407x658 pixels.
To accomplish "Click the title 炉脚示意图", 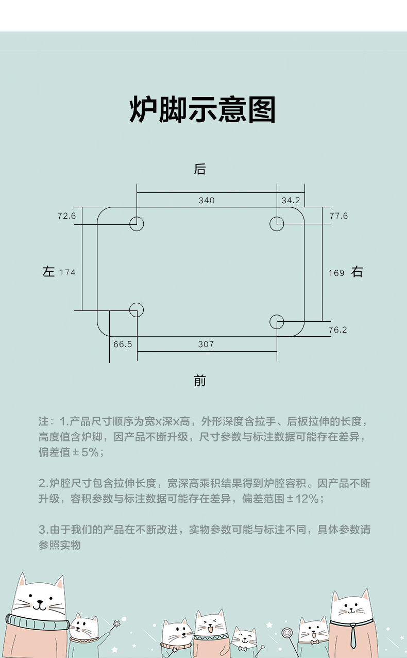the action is tap(202, 109).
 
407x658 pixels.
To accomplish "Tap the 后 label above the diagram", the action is tap(200, 169).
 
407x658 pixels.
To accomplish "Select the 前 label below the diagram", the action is tap(200, 381).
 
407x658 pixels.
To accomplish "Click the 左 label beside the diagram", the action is tap(48, 272).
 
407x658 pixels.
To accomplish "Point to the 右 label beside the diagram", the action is tap(357, 272).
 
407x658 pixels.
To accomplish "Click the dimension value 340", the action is tap(207, 201).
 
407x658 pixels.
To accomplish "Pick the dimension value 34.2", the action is tap(291, 201).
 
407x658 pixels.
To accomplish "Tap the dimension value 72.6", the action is tap(66, 216).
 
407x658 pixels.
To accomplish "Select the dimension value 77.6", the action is tap(338, 216).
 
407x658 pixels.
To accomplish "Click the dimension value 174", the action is tap(67, 272).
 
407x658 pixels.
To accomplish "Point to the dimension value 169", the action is tap(336, 273).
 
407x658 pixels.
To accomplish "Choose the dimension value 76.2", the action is tap(337, 330).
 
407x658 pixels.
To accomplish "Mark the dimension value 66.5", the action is tap(123, 344).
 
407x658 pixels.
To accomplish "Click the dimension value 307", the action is tap(206, 344).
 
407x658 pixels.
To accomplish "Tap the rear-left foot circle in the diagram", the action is tap(137, 224).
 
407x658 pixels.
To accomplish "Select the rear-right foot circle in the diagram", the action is tap(277, 224).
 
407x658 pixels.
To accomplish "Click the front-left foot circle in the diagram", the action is tap(137, 310).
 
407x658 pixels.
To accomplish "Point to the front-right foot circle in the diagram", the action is tap(277, 321).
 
